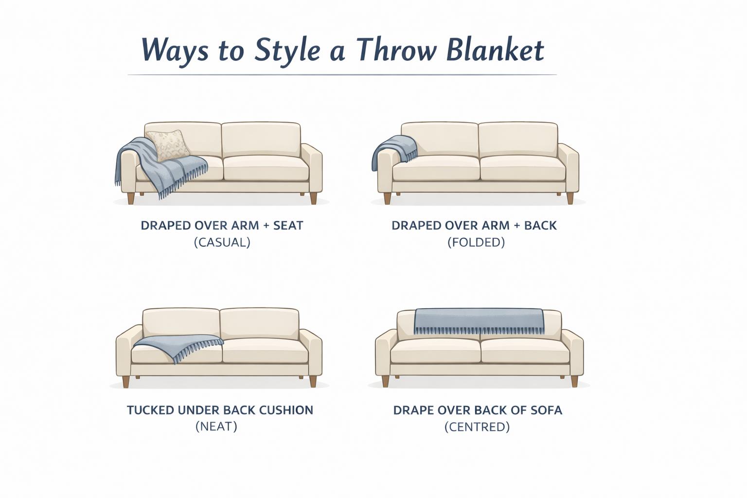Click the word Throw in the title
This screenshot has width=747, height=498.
[x=396, y=50]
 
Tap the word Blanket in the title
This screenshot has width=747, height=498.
[x=495, y=50]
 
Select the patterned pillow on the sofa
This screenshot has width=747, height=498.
[x=168, y=145]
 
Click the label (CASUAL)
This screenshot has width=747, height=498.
[x=222, y=242]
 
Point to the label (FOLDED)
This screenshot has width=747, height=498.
[x=476, y=242]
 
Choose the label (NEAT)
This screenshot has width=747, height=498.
[x=216, y=427]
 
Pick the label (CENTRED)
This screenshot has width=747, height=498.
[x=477, y=427]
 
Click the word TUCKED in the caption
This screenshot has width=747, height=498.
[x=150, y=410]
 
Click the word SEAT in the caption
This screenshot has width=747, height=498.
[x=288, y=226]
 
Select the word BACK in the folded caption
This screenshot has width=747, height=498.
[x=541, y=226]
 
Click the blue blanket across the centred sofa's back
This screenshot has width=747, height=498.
[x=479, y=321]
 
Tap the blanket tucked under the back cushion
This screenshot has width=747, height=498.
[x=178, y=346]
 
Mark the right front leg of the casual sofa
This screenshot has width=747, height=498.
[x=314, y=198]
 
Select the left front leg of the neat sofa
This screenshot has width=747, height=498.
[x=126, y=382]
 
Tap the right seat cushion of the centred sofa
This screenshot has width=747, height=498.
[x=525, y=351]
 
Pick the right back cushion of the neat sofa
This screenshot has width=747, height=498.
[x=260, y=323]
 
